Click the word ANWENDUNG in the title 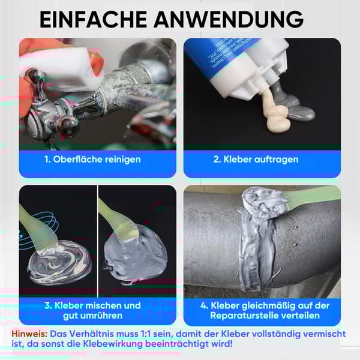click(x=227, y=19)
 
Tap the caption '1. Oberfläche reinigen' click(x=92, y=160)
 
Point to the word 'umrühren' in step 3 click(x=100, y=316)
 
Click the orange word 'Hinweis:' click(x=29, y=333)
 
